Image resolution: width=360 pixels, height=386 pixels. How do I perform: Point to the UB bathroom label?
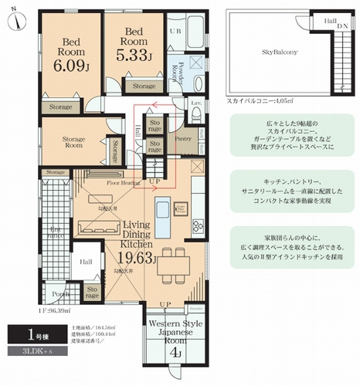[x=175, y=30]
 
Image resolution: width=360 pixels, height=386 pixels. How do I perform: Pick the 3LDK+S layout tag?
[x=28, y=352]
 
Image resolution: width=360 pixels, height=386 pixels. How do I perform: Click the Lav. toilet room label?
[x=196, y=103]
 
